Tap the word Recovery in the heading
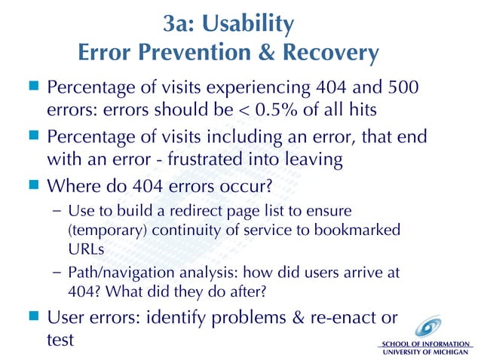coord(332,53)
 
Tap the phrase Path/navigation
coord(112,270)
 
